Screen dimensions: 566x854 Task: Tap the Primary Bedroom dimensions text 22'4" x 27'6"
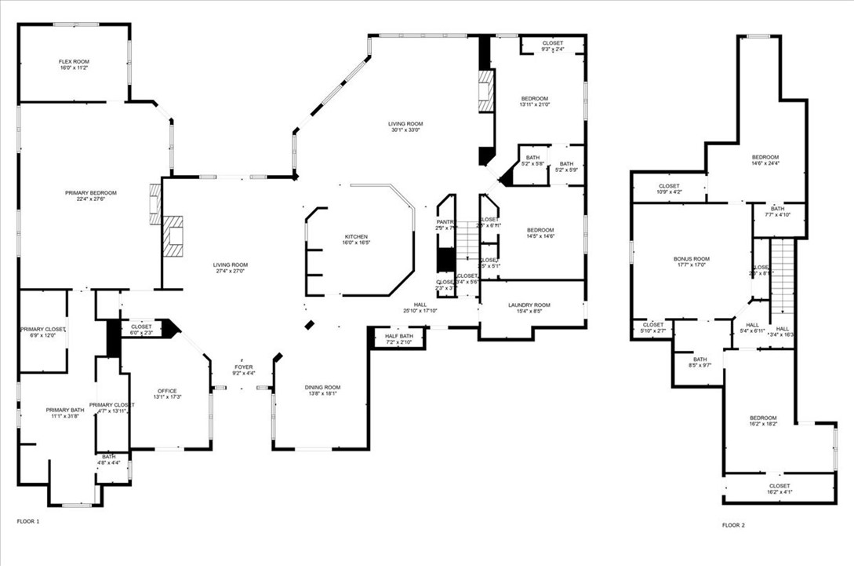pos(91,199)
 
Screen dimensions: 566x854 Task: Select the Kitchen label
pos(356,236)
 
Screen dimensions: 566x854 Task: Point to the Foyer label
pos(244,367)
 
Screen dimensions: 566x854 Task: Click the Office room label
pos(166,391)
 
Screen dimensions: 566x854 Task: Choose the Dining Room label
pos(322,387)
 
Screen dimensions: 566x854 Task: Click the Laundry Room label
pos(529,305)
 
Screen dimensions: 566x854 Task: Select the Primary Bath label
pos(65,410)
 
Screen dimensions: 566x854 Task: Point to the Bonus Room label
pos(691,258)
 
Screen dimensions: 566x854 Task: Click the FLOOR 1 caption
pos(27,521)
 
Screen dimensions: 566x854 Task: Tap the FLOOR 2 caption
pos(733,524)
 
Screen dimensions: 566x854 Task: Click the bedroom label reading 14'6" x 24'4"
pos(765,157)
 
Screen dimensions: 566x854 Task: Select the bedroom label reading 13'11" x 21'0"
pos(534,98)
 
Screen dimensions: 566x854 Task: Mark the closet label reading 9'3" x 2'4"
pos(552,43)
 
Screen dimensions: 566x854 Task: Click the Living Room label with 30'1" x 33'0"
pos(405,123)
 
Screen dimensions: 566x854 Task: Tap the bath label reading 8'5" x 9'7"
pos(700,359)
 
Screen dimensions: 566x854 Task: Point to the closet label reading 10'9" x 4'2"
pos(669,186)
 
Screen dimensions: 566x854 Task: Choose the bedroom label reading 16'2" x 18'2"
pos(762,418)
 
